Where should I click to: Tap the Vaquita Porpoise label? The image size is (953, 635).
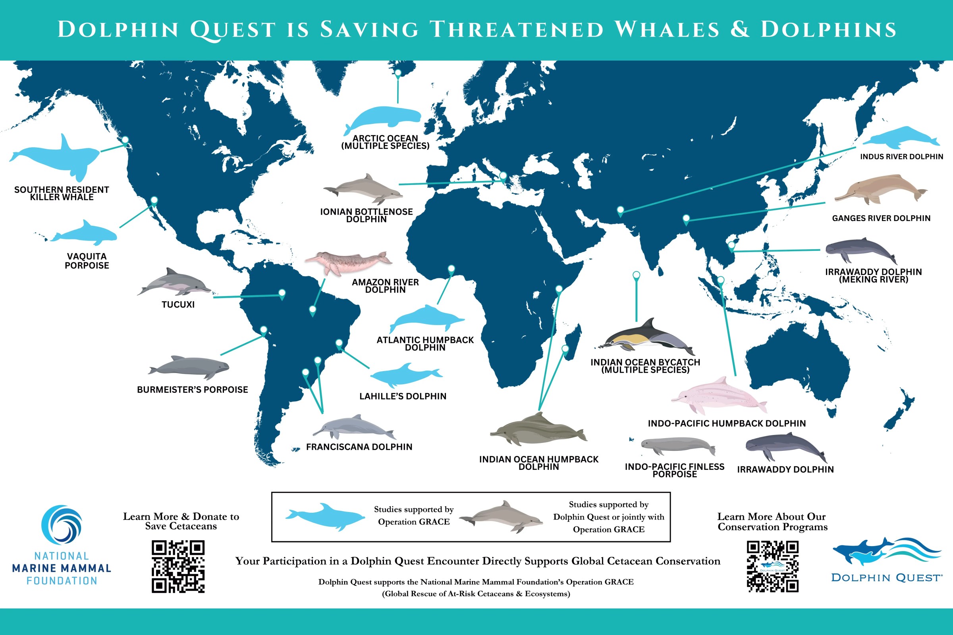[87, 261]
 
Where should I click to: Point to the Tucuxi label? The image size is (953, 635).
[178, 304]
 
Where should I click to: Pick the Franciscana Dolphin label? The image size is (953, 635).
[359, 447]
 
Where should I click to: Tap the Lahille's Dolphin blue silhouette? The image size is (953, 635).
[405, 375]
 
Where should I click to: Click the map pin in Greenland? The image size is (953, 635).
[398, 73]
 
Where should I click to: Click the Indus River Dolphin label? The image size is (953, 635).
[901, 157]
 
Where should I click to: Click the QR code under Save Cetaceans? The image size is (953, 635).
[178, 566]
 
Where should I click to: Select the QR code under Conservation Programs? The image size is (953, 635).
[772, 566]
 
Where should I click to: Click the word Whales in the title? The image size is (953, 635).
[667, 29]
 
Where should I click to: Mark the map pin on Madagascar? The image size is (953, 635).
[565, 348]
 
